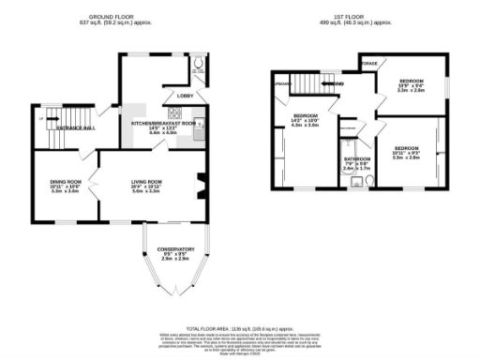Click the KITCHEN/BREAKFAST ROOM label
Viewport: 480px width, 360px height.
click(164, 123)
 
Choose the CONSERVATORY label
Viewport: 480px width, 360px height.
click(169, 249)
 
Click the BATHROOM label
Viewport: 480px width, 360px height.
click(356, 159)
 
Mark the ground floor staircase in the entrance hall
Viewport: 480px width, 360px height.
click(50, 119)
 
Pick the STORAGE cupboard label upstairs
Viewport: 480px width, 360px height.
click(368, 65)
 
